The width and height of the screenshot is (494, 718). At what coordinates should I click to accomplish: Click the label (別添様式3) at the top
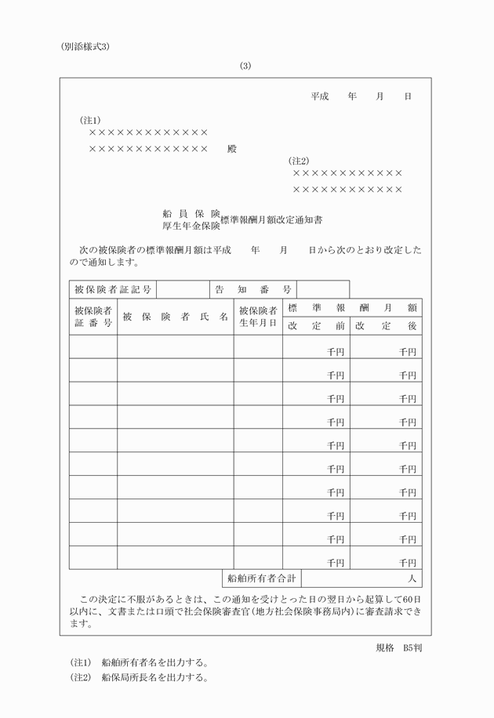(x=85, y=46)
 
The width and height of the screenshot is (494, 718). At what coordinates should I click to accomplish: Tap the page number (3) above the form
(x=245, y=66)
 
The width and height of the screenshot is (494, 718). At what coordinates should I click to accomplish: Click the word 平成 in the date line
(x=319, y=96)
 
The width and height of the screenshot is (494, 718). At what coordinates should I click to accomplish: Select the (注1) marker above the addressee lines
(x=89, y=121)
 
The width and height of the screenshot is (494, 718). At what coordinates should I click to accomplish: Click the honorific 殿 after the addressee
(x=231, y=149)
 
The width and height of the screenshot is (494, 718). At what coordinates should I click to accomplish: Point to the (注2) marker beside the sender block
(x=299, y=161)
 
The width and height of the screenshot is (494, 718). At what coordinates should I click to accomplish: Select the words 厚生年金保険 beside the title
(x=191, y=226)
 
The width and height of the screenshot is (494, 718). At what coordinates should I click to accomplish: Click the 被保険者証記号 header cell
(x=113, y=290)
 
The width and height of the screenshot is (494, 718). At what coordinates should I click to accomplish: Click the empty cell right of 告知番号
(x=323, y=290)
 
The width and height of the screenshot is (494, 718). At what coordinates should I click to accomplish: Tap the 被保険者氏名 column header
(x=176, y=317)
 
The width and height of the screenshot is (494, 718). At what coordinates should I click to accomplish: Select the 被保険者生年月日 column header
(x=258, y=317)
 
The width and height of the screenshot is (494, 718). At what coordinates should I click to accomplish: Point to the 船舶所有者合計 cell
(x=262, y=579)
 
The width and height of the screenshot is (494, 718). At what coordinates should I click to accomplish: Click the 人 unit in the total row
(x=411, y=579)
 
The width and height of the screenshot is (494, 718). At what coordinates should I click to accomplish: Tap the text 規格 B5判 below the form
(x=399, y=648)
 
